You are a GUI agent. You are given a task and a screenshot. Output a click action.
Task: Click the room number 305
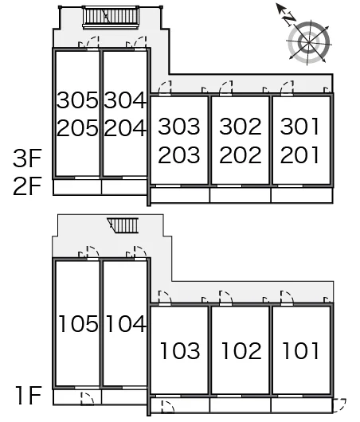coord(77,100)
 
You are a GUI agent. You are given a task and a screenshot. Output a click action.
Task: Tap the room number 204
coord(125,128)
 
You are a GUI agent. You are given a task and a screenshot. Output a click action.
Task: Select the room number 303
coord(179,126)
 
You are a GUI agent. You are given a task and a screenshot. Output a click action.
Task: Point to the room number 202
coord(241,154)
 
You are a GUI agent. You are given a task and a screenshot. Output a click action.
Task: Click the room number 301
coord(299,126)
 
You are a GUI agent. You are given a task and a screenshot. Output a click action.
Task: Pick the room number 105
coord(78,323)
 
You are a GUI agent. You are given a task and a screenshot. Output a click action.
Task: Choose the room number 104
coord(126,323)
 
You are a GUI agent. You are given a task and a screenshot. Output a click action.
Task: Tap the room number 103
coord(180,350)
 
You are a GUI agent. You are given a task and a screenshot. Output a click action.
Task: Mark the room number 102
coord(241,350)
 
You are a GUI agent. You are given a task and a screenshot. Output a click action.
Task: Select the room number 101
coord(301,350)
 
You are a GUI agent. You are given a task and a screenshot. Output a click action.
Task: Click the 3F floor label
coord(27,158)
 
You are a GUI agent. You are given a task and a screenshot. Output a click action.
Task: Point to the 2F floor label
coord(27,186)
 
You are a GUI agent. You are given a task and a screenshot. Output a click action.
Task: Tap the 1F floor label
coord(29,395)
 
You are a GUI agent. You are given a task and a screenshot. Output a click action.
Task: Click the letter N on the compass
coord(289,18)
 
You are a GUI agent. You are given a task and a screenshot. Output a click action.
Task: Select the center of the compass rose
coord(308,42)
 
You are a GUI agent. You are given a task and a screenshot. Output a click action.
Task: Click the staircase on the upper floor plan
coord(111,17)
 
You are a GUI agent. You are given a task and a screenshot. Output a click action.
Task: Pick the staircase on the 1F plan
coord(123,225)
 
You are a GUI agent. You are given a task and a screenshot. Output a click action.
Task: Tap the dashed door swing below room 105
coord(87,399)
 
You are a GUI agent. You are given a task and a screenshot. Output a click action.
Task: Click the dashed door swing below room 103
coord(167,406)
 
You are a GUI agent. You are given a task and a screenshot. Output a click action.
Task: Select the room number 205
coord(77,128)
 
